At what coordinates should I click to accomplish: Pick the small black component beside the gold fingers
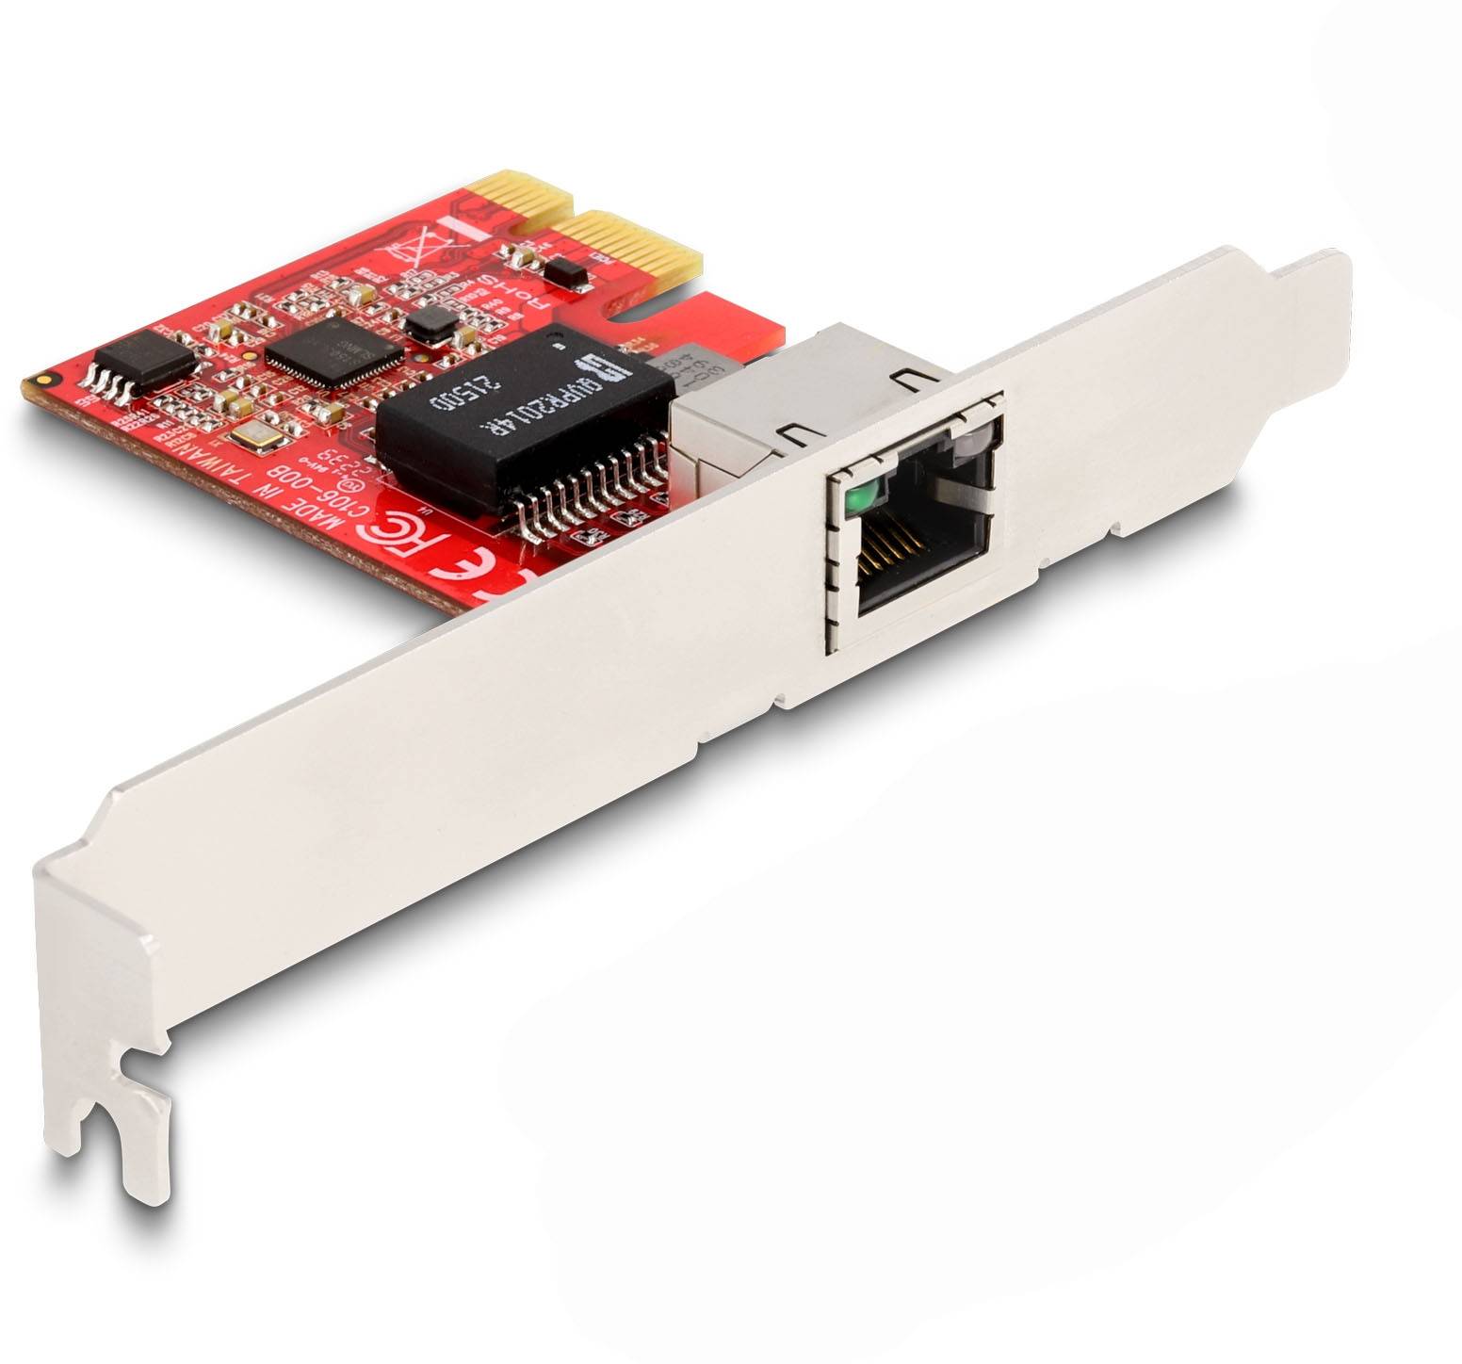point(564,273)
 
